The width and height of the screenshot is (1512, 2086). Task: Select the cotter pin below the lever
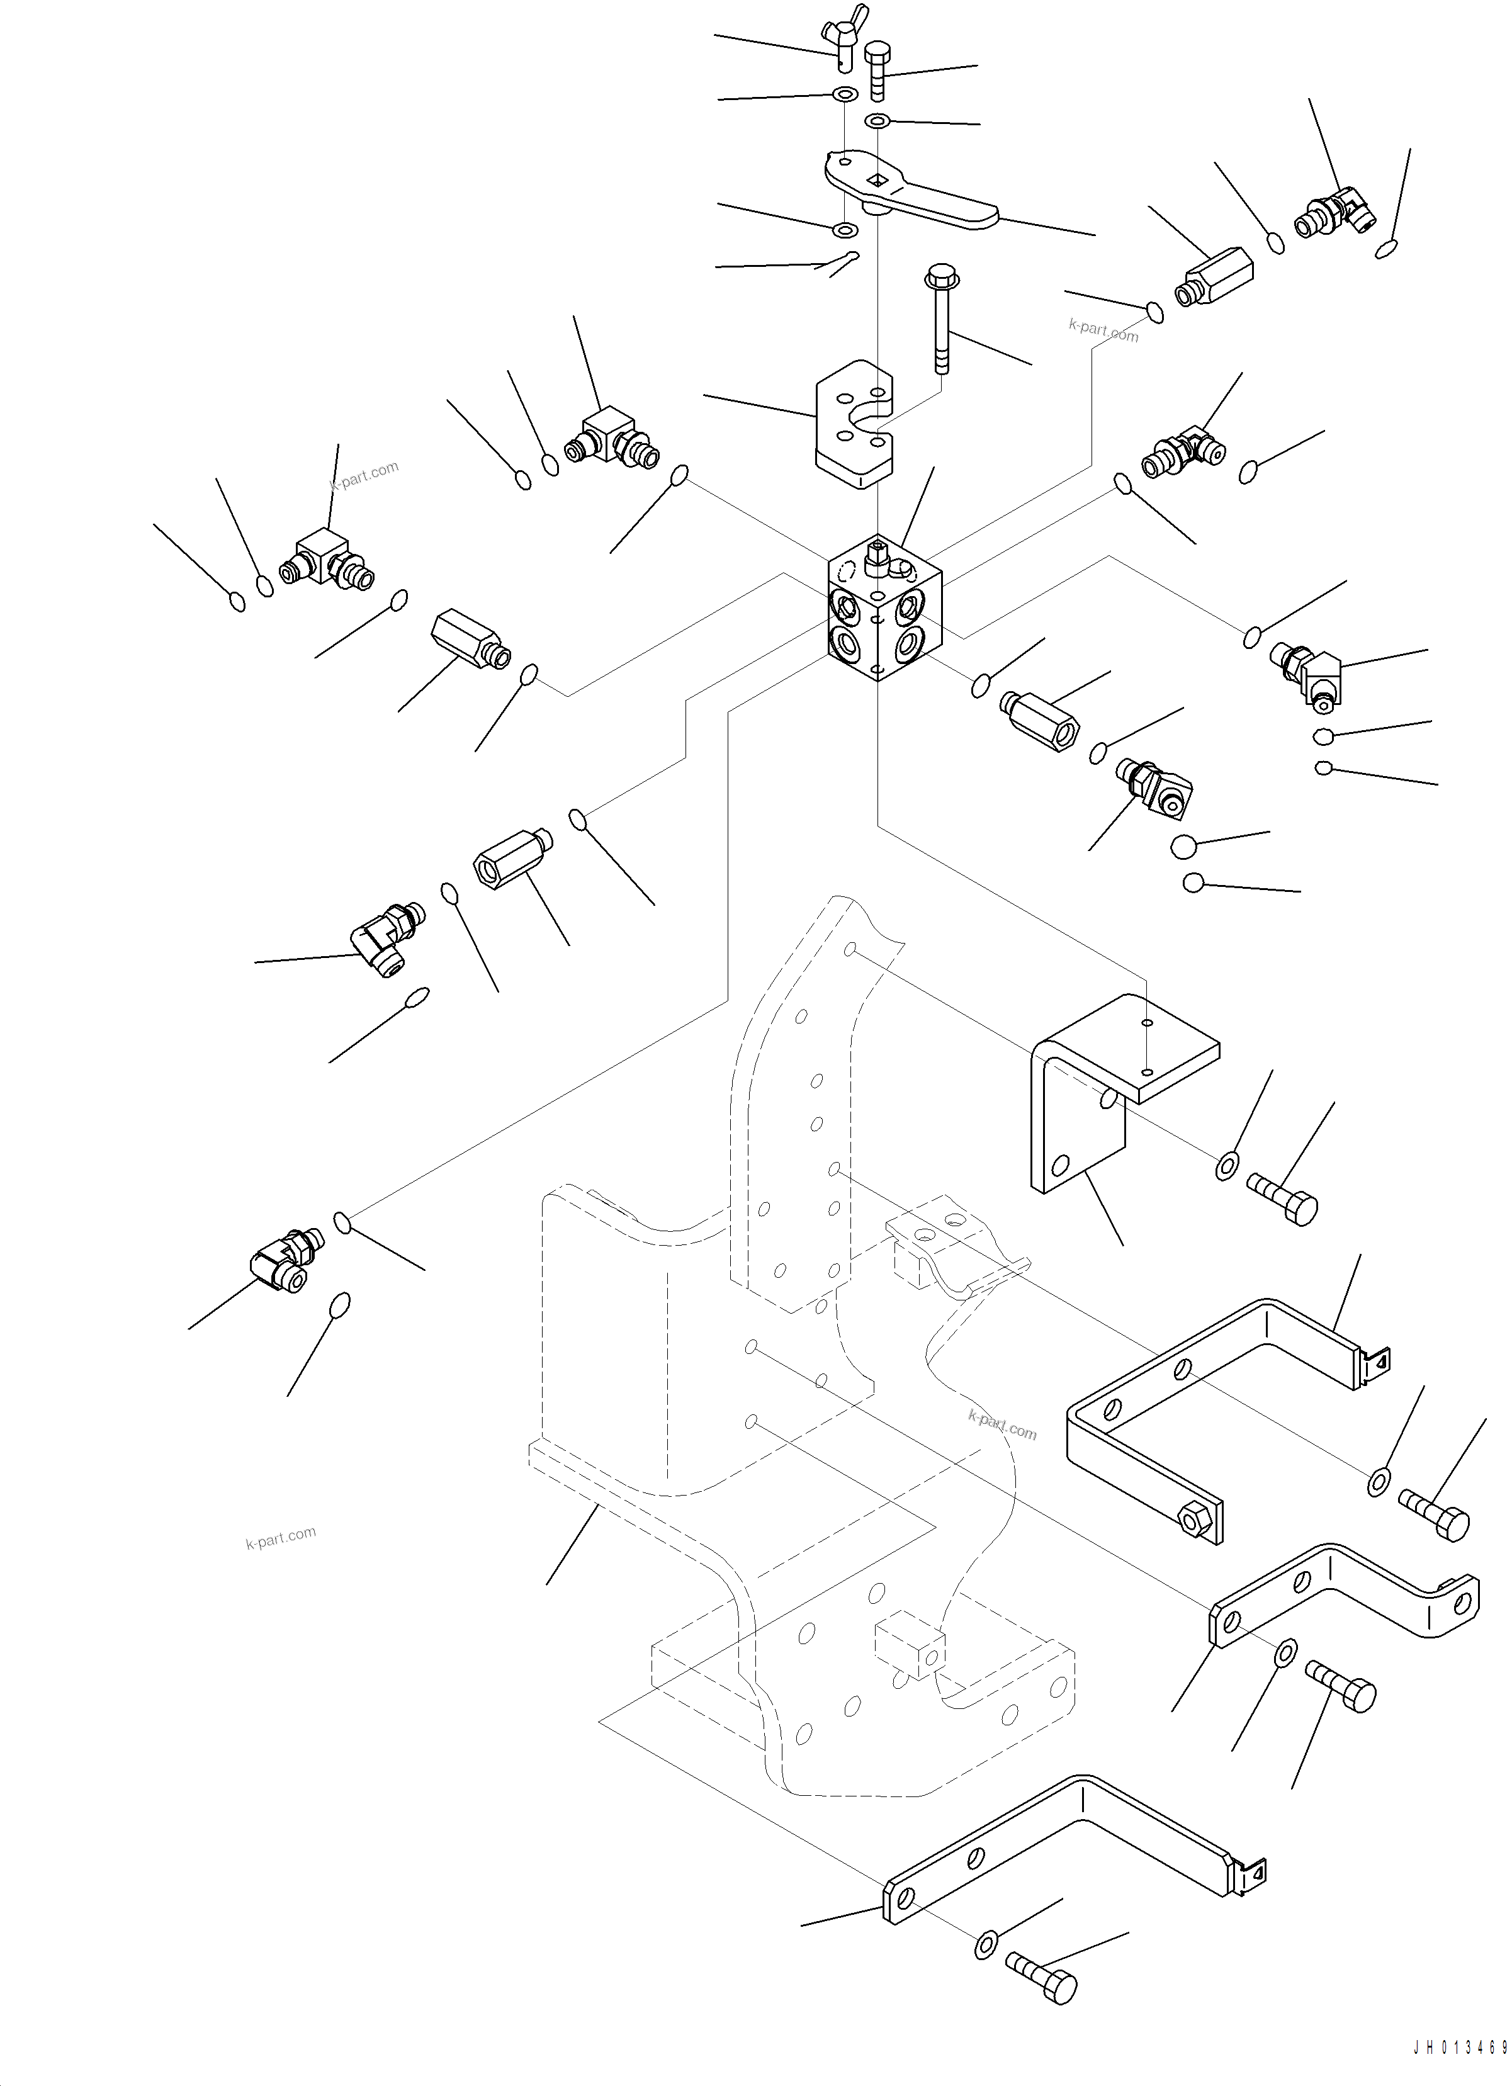click(842, 264)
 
